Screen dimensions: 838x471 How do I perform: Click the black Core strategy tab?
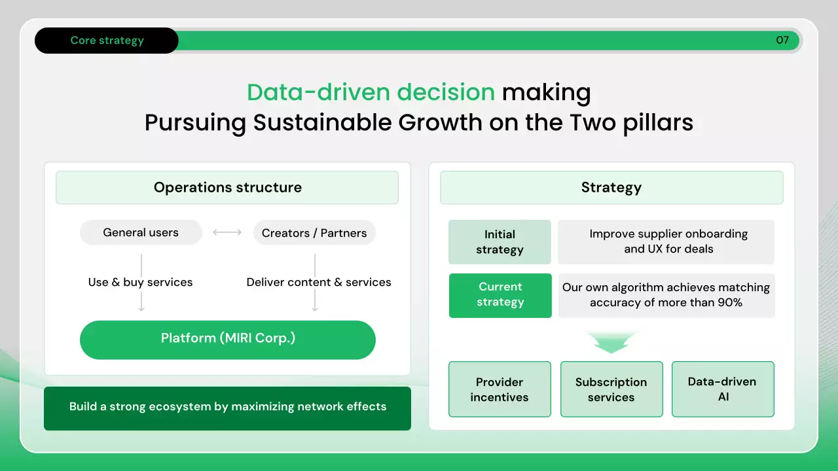[107, 41]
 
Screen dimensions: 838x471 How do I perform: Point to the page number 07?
[782, 40]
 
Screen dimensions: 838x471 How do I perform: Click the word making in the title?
[546, 92]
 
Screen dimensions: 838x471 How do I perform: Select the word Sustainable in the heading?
[322, 122]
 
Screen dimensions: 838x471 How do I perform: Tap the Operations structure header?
[227, 187]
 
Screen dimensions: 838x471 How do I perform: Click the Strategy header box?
[611, 187]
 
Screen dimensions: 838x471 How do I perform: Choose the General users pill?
[141, 232]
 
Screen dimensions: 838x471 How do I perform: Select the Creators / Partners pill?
[314, 232]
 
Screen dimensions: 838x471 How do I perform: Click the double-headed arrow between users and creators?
[227, 232]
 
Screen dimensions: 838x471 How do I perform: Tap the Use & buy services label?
[140, 282]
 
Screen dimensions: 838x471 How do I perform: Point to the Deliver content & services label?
[319, 282]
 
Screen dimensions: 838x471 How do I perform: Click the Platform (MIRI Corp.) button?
[227, 340]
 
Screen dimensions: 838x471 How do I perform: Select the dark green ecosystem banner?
[227, 408]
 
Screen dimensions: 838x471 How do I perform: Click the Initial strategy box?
[500, 242]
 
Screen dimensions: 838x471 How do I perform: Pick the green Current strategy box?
[500, 295]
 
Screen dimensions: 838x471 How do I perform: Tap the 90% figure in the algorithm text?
[729, 302]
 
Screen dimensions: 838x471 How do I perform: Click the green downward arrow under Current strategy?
[611, 342]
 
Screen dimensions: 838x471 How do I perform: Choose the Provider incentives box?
[500, 389]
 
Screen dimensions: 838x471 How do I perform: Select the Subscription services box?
[611, 389]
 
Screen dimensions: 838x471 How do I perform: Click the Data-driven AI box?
[723, 389]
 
